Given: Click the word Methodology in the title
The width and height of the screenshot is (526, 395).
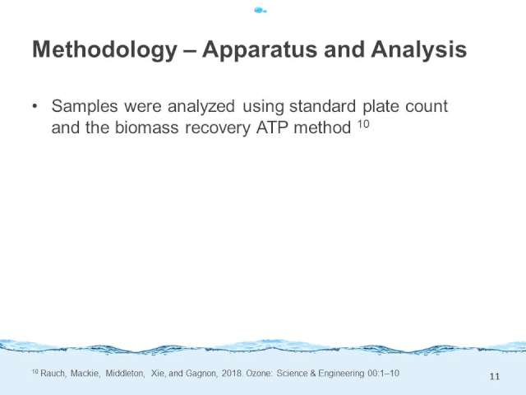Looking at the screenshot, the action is click(104, 50).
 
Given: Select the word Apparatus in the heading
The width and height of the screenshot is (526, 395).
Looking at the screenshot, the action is click(260, 50).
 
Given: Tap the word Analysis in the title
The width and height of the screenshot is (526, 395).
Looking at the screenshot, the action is click(418, 50).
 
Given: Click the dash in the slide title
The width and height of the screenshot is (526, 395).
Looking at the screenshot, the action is click(190, 50).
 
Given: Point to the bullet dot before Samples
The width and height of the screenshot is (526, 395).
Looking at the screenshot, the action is click(35, 106).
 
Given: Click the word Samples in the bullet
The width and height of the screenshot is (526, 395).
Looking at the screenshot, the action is click(85, 106).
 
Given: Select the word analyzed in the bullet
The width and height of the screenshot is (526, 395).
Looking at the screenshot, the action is click(201, 107).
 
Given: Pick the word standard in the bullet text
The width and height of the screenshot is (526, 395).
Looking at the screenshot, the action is click(322, 106).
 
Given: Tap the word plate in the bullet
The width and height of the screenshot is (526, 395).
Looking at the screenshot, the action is click(381, 107).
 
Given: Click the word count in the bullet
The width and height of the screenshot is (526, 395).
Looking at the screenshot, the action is click(427, 107).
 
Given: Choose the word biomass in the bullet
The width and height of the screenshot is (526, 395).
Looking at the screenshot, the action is click(146, 128).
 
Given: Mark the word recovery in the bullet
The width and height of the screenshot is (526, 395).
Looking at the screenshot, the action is click(218, 128).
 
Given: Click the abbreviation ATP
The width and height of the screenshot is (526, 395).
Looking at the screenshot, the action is click(272, 128).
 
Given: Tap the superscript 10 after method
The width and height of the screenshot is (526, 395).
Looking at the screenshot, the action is click(363, 124).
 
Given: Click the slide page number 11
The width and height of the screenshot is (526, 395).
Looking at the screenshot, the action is click(495, 377).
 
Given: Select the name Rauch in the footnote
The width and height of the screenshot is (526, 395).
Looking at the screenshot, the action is click(53, 374).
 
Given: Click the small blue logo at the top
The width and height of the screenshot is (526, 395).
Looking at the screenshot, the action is click(261, 11).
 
